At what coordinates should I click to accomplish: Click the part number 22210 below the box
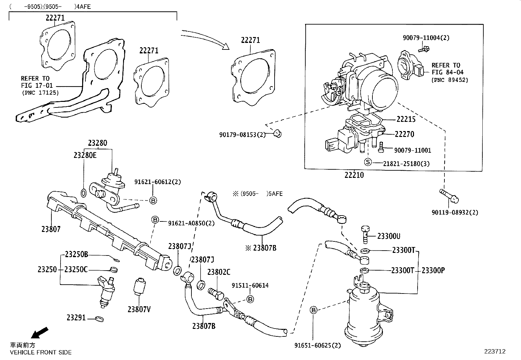(x=354, y=175)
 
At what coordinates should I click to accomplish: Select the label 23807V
(x=139, y=309)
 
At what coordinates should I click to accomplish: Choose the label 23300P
(x=433, y=270)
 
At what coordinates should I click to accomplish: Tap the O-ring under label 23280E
(x=83, y=193)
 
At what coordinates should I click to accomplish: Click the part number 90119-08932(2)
(x=455, y=212)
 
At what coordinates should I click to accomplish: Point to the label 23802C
(x=219, y=272)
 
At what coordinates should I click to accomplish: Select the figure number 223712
(x=495, y=351)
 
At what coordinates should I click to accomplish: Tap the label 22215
(x=406, y=119)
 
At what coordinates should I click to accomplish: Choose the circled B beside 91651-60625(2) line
(x=313, y=310)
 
